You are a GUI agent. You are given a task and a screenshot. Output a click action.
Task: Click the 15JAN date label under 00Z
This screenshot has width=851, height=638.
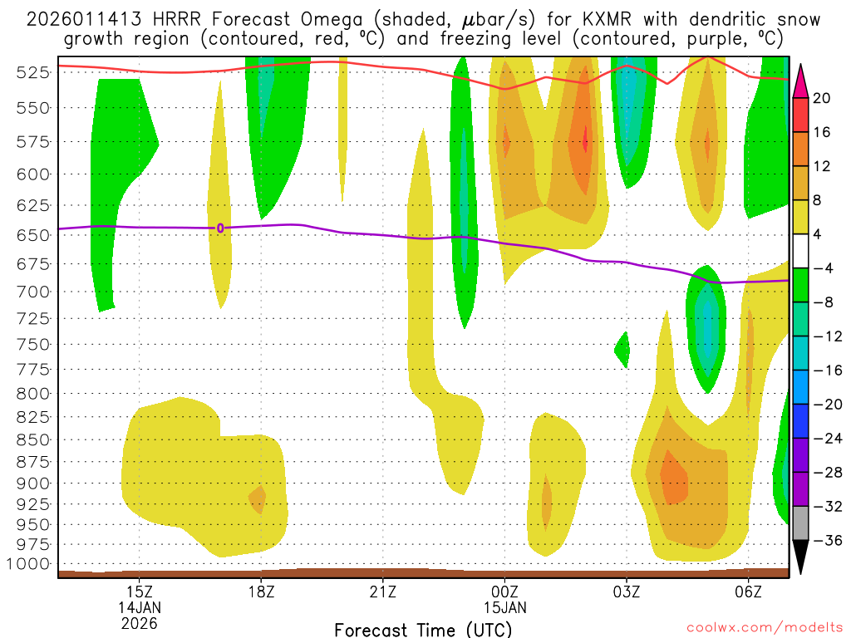(x=504, y=606)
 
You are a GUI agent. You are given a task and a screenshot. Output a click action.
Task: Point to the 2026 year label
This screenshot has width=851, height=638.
(x=139, y=622)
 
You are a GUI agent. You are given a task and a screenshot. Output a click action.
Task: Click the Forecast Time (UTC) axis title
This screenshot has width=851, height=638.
(x=423, y=629)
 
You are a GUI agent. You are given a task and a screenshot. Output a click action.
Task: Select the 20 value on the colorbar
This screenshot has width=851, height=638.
(x=822, y=98)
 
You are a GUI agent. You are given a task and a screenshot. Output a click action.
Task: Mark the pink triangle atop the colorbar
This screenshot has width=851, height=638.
(x=800, y=81)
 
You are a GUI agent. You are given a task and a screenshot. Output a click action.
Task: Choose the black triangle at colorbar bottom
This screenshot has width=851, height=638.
(x=800, y=557)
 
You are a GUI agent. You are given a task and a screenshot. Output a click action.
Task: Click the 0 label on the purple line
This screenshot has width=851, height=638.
(x=220, y=228)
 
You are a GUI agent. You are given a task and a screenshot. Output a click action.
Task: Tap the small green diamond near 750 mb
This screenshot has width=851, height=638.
(x=622, y=350)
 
